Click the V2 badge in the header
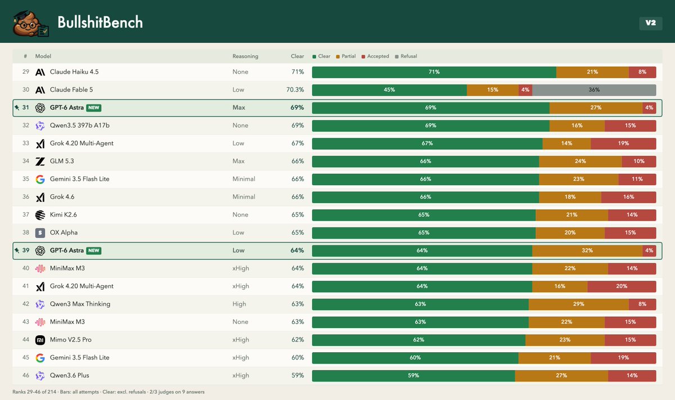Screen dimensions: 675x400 pos(651,23)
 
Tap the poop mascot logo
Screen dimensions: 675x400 pos(30,24)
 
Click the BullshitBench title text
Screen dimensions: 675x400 pos(100,23)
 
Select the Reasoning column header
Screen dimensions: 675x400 pos(245,56)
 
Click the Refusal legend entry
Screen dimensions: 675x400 pos(406,56)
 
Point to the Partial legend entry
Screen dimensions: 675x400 pos(345,56)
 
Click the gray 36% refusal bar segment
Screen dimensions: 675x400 pos(594,90)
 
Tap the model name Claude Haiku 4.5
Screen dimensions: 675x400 pos(74,72)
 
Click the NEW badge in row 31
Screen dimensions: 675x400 pos(94,107)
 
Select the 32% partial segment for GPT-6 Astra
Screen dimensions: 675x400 pos(587,250)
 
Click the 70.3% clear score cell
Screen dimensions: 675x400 pos(295,90)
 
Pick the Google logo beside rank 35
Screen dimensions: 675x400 pos(40,179)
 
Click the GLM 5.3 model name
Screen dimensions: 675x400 pos(62,161)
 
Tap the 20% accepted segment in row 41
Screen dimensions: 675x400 pos(622,286)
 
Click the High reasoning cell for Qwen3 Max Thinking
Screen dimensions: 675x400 pos(239,304)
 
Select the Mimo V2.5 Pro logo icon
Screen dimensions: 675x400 pos(40,340)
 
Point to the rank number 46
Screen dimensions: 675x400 pos(26,375)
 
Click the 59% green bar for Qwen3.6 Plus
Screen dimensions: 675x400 pos(413,376)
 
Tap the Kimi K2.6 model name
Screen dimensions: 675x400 pos(63,214)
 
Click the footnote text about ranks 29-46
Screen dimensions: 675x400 pos(109,392)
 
